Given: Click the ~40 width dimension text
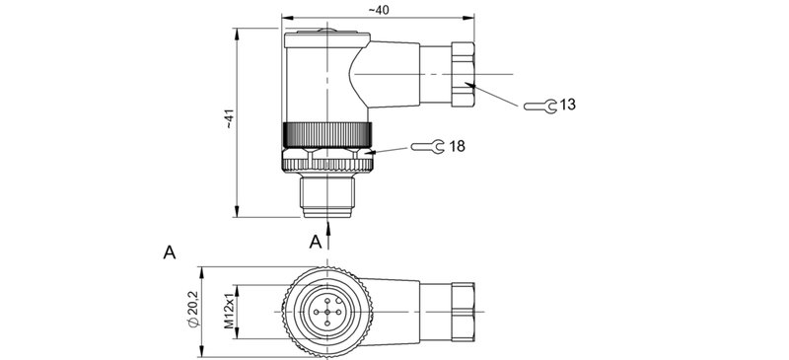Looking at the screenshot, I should (377, 9).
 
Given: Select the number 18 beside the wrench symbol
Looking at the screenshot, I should (457, 146).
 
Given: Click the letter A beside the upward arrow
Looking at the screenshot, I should (315, 242).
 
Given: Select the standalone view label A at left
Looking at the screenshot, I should (169, 253).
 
